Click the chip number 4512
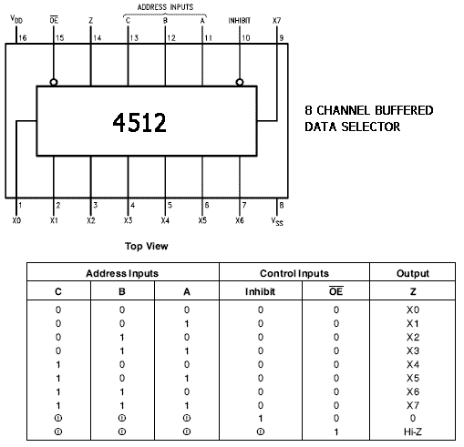tap(139, 123)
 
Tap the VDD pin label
tap(16, 19)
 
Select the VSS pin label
tap(277, 221)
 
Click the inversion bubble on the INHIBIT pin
tap(240, 82)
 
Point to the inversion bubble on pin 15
tap(54, 82)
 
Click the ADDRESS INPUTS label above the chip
tap(165, 7)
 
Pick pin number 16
tap(23, 38)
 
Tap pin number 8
tap(282, 205)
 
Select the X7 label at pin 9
tap(276, 21)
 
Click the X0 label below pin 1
tap(16, 220)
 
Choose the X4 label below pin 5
tap(165, 220)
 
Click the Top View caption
tap(147, 246)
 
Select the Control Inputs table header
tap(294, 273)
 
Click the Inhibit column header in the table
tap(260, 291)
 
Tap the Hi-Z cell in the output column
tap(413, 432)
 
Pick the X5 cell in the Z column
tap(413, 378)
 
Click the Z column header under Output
tap(413, 291)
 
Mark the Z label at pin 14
tap(90, 21)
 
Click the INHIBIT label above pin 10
tap(240, 21)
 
